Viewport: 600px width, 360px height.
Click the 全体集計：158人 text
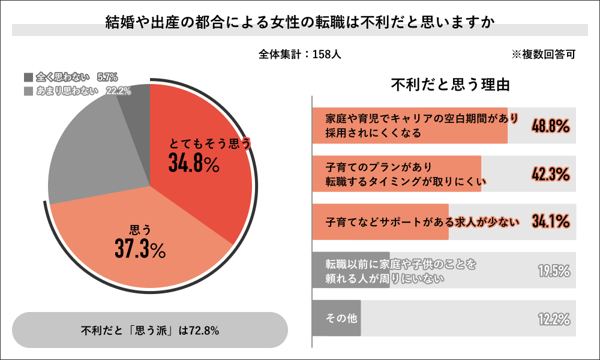click(300, 54)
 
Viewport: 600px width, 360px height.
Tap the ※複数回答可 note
click(543, 54)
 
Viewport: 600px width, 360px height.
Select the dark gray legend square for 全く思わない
click(28, 77)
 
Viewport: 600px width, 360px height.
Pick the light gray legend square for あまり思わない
click(28, 91)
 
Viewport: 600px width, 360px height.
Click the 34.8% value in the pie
click(193, 163)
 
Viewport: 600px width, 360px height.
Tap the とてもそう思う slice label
click(209, 144)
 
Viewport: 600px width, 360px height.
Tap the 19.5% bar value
click(553, 271)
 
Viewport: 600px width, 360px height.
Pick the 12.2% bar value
click(553, 319)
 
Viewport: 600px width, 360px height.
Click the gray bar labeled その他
click(337, 318)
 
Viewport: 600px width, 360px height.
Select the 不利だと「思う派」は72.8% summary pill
click(150, 330)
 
